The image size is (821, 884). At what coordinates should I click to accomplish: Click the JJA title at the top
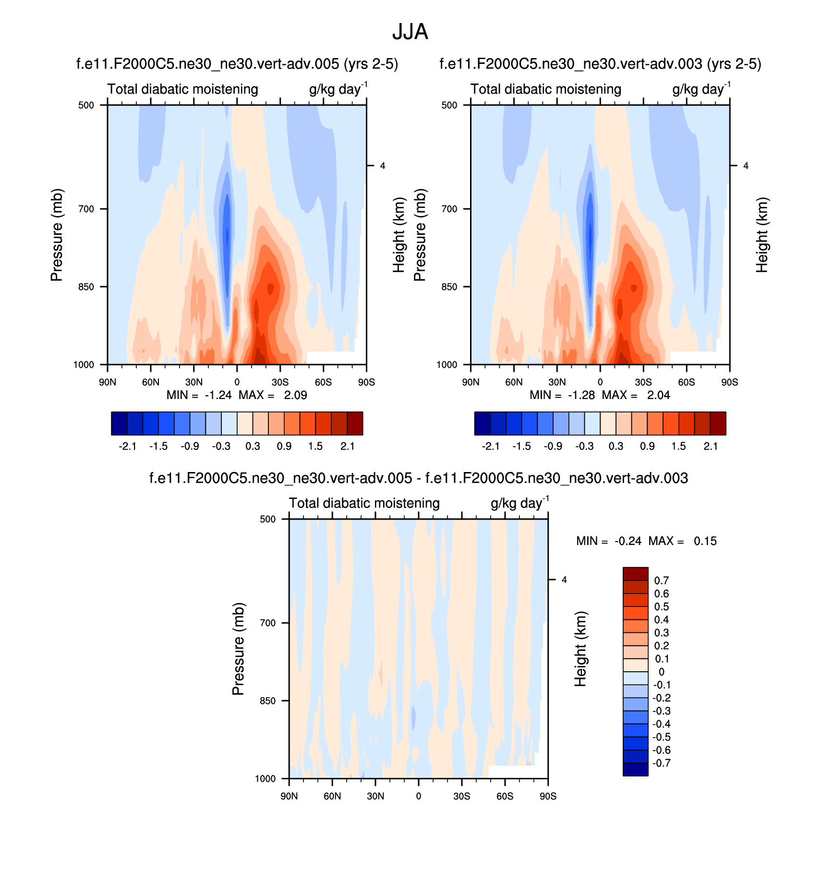tap(410, 32)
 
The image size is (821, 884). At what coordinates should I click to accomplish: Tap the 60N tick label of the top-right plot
tap(514, 382)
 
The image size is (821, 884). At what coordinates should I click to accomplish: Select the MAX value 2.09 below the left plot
tap(295, 395)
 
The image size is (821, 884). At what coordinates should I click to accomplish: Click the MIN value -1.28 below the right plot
tap(581, 395)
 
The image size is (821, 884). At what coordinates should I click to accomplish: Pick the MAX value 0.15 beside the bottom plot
tap(705, 541)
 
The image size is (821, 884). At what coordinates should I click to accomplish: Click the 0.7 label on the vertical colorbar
tap(661, 581)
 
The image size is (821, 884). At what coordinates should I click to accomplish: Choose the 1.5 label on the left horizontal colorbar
tap(315, 446)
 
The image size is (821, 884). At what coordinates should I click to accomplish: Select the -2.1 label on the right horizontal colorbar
tap(491, 446)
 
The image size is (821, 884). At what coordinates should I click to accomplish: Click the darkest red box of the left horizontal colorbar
tap(355, 423)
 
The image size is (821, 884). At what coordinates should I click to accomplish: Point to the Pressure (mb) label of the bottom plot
tap(239, 649)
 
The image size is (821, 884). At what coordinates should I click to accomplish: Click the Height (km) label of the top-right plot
tap(762, 235)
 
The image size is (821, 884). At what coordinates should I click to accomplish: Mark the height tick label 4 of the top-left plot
tap(383, 166)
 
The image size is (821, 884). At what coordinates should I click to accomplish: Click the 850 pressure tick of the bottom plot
tap(268, 701)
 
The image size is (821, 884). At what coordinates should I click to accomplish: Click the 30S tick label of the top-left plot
tap(280, 382)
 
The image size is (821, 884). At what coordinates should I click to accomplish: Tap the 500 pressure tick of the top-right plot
tap(449, 105)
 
